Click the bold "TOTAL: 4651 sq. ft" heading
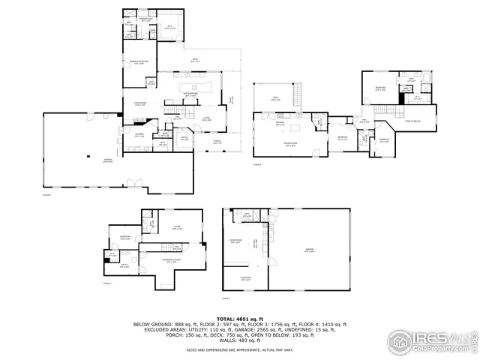coord(239,319)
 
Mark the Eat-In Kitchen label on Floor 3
coord(190,94)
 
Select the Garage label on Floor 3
coord(88,160)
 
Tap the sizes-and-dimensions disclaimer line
coord(239,349)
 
